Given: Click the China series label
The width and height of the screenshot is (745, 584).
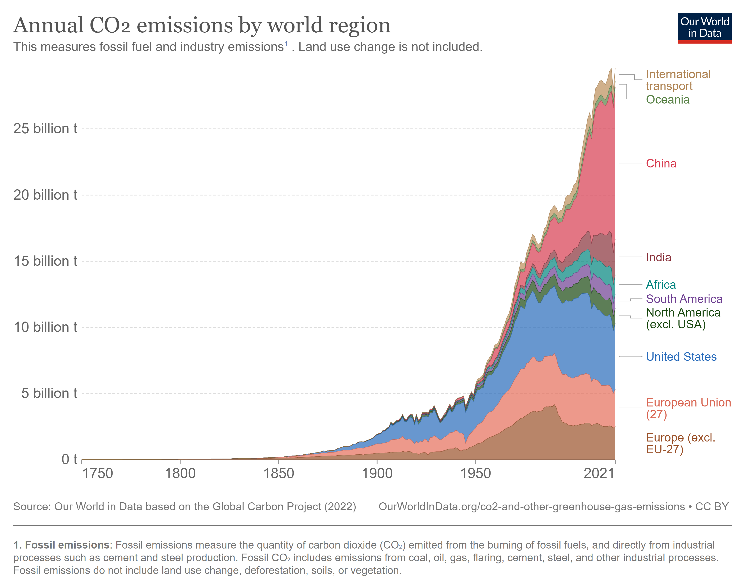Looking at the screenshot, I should click(x=661, y=164).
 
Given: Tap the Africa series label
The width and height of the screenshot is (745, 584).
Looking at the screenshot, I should click(x=660, y=285).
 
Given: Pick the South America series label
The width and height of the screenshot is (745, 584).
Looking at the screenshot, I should click(x=684, y=299).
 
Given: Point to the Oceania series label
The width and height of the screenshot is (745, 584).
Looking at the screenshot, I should click(x=667, y=100).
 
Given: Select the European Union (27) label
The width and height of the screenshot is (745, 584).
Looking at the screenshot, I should click(x=688, y=408).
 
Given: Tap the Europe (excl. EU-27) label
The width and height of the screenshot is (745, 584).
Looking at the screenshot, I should click(x=680, y=443).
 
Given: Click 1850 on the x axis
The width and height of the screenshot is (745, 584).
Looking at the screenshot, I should click(x=278, y=473).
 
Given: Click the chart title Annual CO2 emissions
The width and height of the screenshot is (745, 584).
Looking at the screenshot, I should click(x=202, y=25).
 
